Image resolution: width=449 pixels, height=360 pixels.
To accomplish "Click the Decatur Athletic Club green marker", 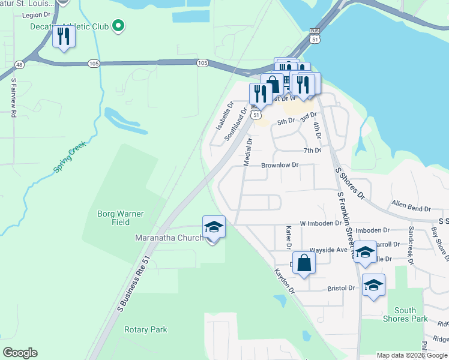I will [118, 26].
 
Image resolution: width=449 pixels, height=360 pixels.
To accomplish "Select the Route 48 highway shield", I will [20, 64].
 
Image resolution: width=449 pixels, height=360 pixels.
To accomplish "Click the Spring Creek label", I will [70, 158].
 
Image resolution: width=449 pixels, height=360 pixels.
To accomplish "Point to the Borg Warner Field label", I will [113, 218].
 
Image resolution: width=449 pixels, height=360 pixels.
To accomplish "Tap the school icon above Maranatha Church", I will [214, 227].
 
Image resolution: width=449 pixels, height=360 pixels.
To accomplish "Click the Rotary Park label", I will [145, 329].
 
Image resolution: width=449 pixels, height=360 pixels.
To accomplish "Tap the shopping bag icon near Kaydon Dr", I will [304, 263].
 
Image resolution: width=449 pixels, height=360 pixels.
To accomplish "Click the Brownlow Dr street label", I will [279, 165].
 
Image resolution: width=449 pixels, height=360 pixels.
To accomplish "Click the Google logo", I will [20, 353].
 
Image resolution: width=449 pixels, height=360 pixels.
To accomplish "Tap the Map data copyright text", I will [411, 355].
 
